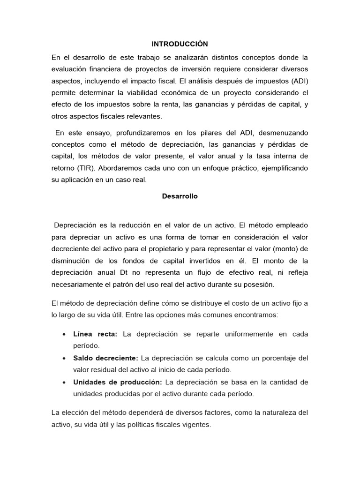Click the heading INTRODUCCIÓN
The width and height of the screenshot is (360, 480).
point(180,44)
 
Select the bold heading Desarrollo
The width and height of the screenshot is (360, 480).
point(180,196)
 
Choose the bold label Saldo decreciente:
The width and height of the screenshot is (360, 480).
point(105,358)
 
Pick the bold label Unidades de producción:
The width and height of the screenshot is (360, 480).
point(117,382)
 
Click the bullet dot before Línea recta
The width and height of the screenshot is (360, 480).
point(63,334)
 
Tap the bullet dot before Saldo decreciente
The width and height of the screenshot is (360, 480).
point(63,358)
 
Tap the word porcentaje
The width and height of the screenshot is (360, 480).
point(274,358)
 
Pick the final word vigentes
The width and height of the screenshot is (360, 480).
point(196,425)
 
